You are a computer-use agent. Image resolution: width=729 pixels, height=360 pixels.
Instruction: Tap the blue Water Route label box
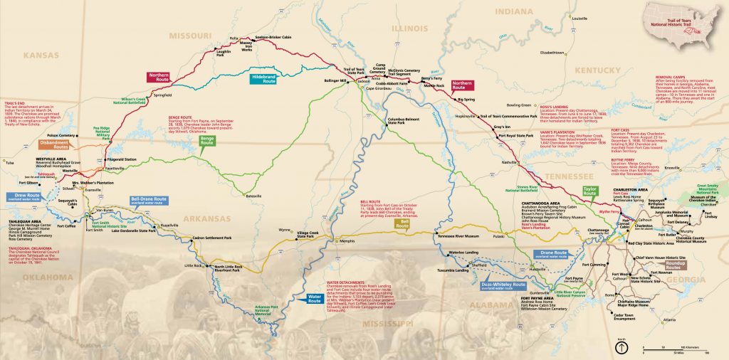click(x=314, y=300)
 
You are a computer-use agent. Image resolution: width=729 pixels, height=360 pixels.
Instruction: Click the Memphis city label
click(x=347, y=241)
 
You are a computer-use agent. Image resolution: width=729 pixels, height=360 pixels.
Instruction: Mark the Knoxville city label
click(x=671, y=168)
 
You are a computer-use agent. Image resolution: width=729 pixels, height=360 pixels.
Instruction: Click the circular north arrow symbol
click(x=621, y=348)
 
